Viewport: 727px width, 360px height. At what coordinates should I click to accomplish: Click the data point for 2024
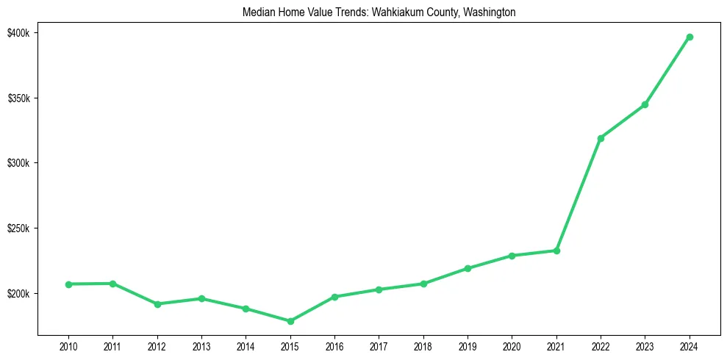pyautogui.click(x=690, y=37)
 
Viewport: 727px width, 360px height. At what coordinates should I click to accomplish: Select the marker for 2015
pyautogui.click(x=290, y=321)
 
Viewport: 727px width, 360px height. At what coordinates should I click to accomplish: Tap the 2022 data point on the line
pyautogui.click(x=601, y=138)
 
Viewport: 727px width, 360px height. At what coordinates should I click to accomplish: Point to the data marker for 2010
pyautogui.click(x=68, y=284)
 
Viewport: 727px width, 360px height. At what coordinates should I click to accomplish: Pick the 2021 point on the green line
pyautogui.click(x=556, y=251)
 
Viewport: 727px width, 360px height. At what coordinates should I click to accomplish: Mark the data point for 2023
pyautogui.click(x=645, y=104)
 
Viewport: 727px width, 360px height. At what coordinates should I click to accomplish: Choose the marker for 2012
pyautogui.click(x=157, y=304)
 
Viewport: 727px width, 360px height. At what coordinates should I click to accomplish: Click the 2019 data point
pyautogui.click(x=468, y=268)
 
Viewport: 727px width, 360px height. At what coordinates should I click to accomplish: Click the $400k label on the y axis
pyautogui.click(x=20, y=33)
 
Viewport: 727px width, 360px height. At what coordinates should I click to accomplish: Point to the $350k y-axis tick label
pyautogui.click(x=20, y=98)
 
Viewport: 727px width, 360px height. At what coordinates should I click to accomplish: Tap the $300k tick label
pyautogui.click(x=20, y=163)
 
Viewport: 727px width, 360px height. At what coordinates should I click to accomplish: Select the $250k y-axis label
pyautogui.click(x=20, y=228)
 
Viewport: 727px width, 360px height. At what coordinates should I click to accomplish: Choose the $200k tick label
pyautogui.click(x=20, y=294)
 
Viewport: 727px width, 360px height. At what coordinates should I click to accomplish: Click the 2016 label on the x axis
pyautogui.click(x=334, y=345)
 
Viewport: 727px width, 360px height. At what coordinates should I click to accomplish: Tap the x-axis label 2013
pyautogui.click(x=201, y=345)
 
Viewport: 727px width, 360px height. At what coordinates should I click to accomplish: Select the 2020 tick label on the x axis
pyautogui.click(x=512, y=345)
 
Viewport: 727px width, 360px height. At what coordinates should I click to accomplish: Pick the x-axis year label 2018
pyautogui.click(x=423, y=345)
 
